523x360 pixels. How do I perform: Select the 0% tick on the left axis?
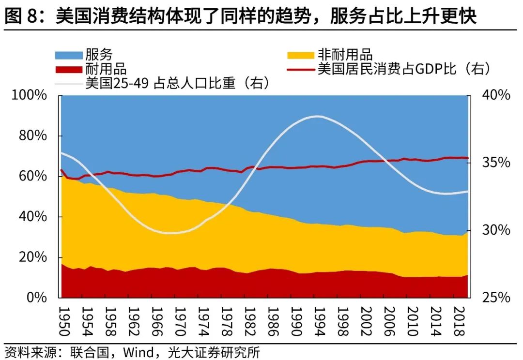coord(38,297)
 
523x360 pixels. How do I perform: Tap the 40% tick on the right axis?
coord(496,95)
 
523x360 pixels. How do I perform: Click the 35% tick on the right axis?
coord(496,163)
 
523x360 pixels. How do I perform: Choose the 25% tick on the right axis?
coord(496,297)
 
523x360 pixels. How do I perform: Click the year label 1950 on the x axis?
coord(64,320)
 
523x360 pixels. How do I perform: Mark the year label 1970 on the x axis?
coord(179,320)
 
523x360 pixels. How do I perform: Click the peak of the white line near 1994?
coord(317,116)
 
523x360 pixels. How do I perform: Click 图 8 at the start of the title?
coord(22,17)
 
